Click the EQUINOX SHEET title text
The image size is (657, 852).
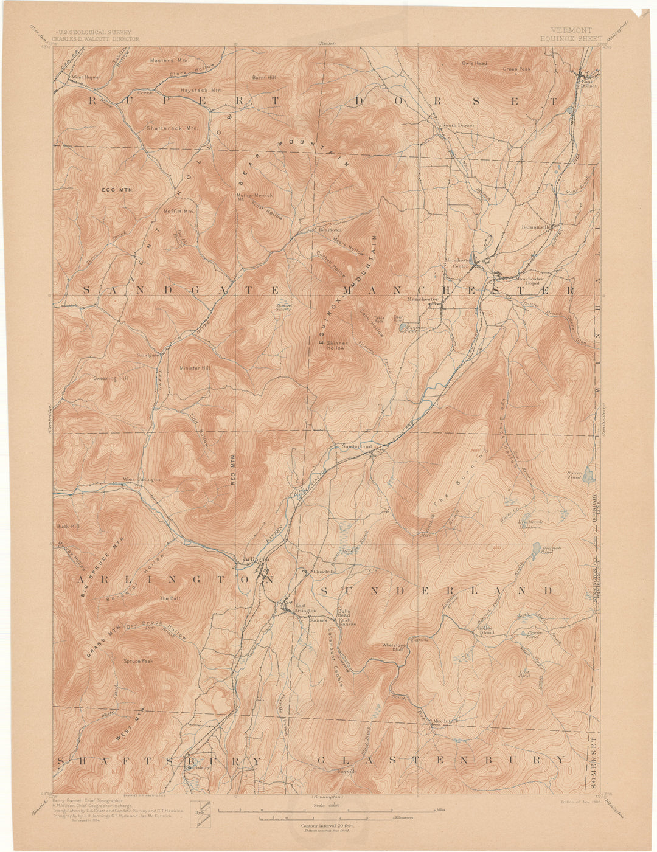click(569, 38)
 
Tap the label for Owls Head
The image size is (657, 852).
click(474, 63)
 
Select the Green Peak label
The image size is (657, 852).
click(516, 69)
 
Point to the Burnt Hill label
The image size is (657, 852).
click(264, 78)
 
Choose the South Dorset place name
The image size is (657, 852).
click(457, 126)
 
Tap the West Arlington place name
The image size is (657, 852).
click(142, 479)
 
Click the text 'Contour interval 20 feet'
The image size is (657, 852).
click(327, 826)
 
